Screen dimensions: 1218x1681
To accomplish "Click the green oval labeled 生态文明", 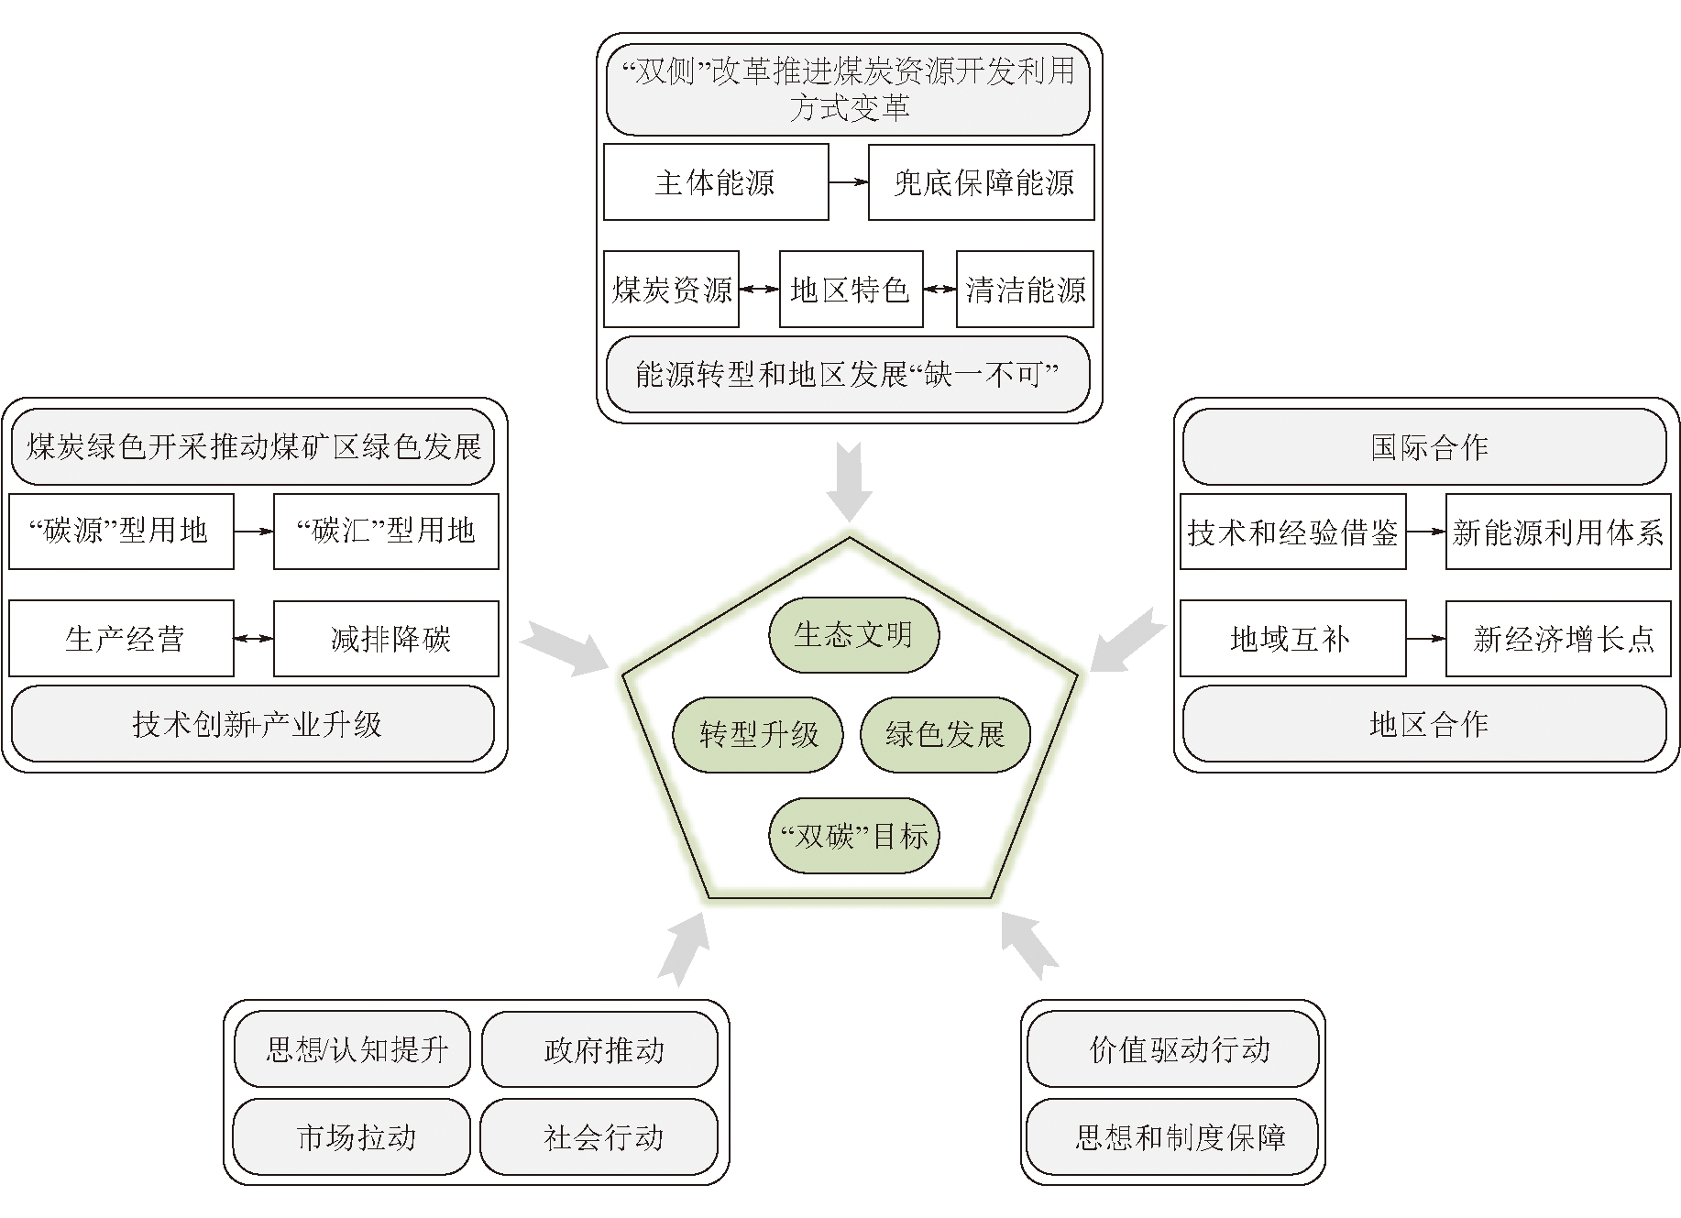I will click(853, 635).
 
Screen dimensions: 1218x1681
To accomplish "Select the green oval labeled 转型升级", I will click(758, 734).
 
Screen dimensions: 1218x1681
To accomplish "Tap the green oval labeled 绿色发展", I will click(945, 734).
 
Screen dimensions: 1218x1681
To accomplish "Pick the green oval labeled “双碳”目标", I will click(853, 836).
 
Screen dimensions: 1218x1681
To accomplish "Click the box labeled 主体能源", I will click(715, 182).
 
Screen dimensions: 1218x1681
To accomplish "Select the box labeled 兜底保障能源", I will click(982, 182).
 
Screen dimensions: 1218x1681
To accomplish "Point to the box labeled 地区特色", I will click(850, 290).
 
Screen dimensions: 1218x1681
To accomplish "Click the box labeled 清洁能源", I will click(1025, 290).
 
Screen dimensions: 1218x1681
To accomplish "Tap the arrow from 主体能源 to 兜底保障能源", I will click(849, 182).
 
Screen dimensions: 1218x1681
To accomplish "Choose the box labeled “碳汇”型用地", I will click(386, 531).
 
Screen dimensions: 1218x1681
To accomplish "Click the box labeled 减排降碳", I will click(386, 639).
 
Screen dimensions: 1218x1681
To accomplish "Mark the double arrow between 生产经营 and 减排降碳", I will click(254, 639).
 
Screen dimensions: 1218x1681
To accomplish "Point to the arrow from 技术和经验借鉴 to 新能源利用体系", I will click(1426, 532).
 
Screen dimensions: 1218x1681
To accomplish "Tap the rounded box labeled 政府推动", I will click(599, 1049).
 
